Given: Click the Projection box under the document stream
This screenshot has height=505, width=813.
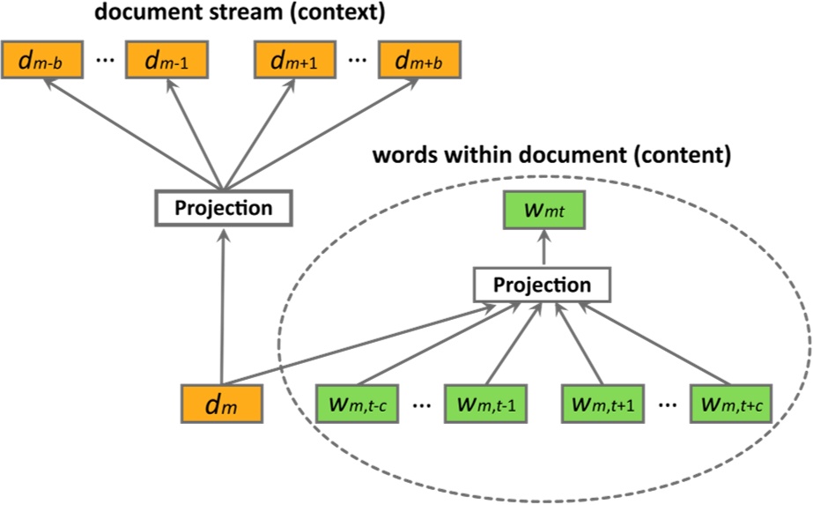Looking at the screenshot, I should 223,209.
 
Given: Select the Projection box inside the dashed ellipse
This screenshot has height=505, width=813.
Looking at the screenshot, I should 542,286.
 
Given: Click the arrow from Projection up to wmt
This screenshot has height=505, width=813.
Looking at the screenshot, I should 543,250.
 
